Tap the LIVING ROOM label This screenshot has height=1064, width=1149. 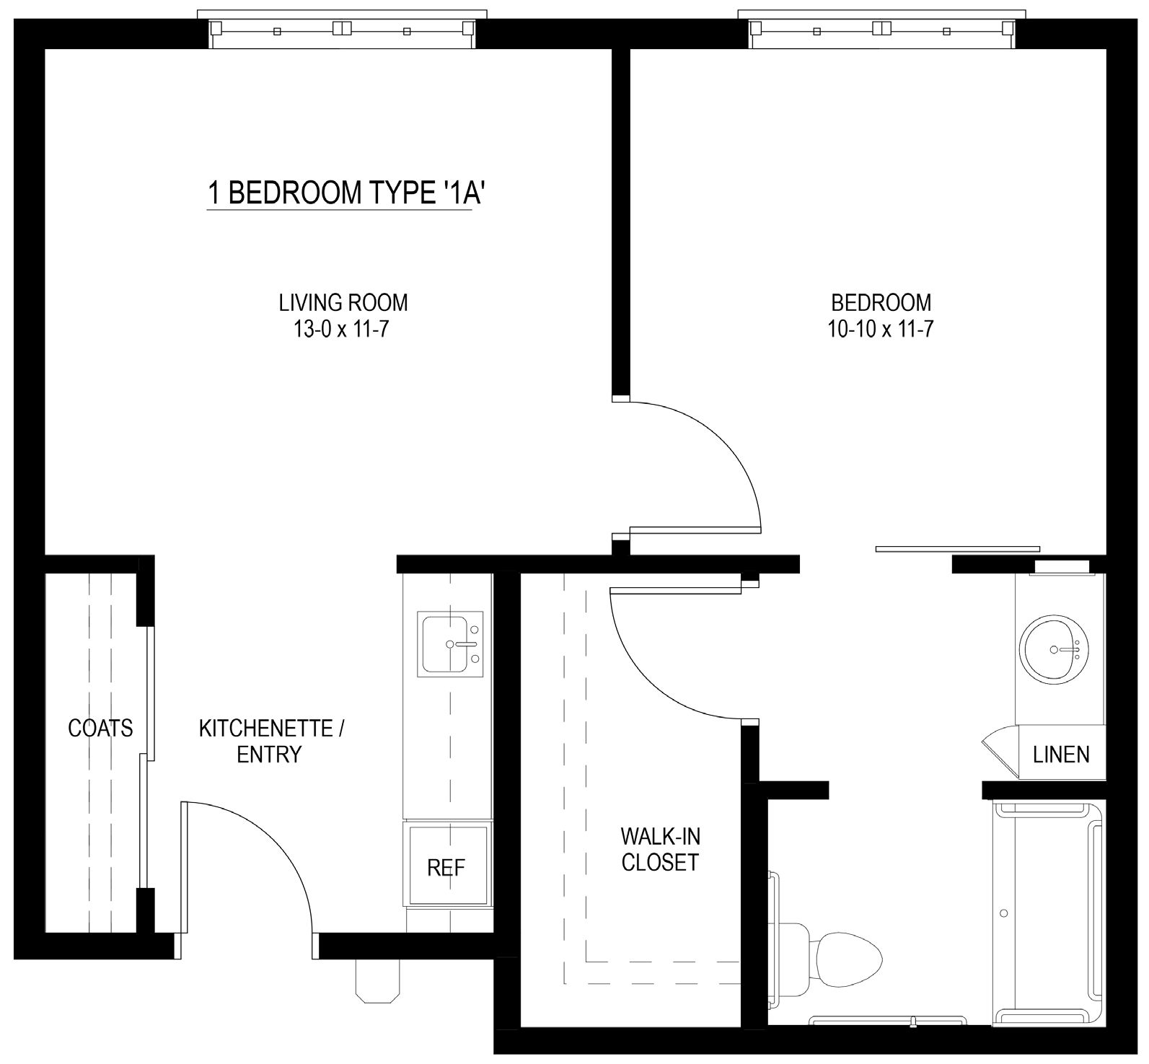[x=343, y=302]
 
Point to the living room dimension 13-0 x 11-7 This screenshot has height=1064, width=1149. [x=341, y=329]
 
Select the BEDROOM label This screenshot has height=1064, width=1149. [x=881, y=302]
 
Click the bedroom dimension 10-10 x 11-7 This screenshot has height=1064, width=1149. [x=881, y=329]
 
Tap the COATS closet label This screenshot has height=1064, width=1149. [x=100, y=728]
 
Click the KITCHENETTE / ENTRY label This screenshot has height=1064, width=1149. [x=271, y=741]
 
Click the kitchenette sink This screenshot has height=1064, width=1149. [x=451, y=643]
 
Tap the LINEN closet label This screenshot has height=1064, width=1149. [x=1061, y=755]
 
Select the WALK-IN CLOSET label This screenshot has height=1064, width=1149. [x=660, y=849]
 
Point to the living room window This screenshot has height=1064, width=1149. [x=343, y=30]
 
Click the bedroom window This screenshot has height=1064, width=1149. [x=882, y=30]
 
